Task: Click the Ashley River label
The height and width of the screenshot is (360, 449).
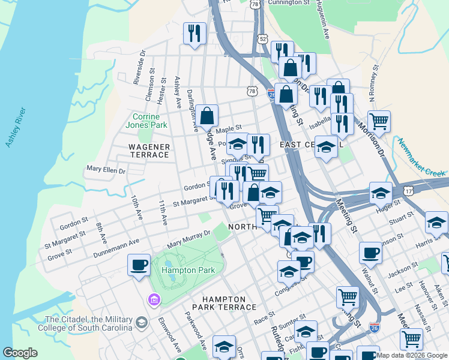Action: tap(17, 128)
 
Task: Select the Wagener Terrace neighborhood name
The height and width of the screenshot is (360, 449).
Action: tap(149, 151)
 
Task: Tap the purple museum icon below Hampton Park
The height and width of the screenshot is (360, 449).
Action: tap(154, 299)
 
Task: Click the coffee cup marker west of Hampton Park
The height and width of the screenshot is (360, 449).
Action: tap(139, 265)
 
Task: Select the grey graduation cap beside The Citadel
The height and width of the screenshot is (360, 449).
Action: tap(141, 323)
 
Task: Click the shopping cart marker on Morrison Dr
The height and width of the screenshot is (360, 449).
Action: tap(379, 122)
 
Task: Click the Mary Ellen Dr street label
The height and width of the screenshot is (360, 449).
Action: tap(106, 170)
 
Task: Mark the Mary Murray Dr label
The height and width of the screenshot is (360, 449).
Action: tap(189, 239)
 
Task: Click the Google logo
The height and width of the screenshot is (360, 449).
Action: tap(20, 353)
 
